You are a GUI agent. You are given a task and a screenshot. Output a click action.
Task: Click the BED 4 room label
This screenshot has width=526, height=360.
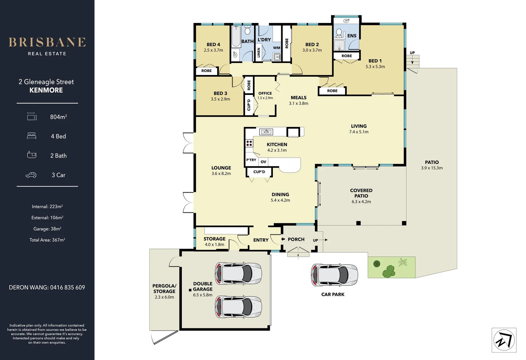point(213,44)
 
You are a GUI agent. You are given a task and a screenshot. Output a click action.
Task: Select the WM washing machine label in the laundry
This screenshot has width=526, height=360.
point(277,48)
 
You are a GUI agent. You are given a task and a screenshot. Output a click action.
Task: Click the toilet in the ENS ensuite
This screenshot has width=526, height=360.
point(339,33)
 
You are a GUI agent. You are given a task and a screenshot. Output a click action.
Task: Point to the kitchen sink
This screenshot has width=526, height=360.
point(266,132)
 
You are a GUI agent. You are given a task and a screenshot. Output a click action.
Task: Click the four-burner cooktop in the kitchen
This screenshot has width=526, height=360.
point(249,143)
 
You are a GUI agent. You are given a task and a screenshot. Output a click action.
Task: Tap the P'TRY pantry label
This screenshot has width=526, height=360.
point(251,160)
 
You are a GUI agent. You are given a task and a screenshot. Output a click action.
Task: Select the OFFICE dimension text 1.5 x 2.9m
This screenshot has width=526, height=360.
point(265,98)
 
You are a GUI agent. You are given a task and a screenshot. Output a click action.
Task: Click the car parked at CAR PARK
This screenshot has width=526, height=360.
point(334,275)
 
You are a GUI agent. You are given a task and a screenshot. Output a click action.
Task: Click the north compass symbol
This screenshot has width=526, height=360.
point(504,340)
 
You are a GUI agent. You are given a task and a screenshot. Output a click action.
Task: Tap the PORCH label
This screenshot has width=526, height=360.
point(296,239)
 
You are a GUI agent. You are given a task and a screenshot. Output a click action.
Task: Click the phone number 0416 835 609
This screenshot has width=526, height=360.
point(67,287)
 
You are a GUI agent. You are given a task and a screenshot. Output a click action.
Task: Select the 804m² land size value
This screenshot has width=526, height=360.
point(58,117)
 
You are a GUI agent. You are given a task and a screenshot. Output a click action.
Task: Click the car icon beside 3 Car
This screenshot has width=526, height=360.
point(31,175)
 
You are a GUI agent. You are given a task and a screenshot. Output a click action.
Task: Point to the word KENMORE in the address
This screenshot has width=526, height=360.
point(46,90)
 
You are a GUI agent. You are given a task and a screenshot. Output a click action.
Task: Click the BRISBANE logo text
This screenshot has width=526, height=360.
point(47,42)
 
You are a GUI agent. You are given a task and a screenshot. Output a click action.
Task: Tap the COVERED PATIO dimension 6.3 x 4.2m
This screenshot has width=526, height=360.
point(361,202)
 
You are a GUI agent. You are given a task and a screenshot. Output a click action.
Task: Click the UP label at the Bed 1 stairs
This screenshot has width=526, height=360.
point(412,53)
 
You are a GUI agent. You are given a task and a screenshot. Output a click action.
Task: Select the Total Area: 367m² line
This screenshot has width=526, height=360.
point(47,240)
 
